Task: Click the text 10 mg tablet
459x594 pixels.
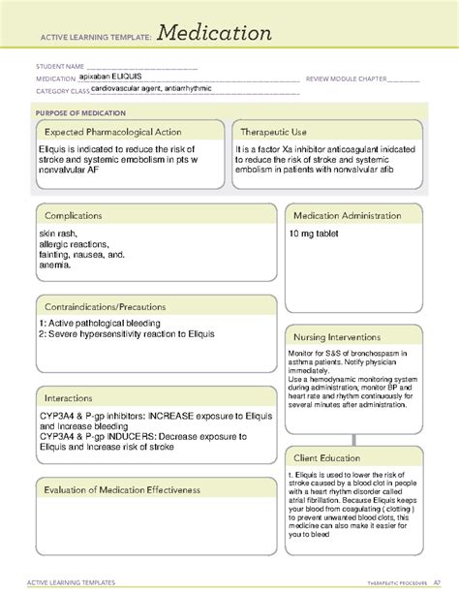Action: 314,234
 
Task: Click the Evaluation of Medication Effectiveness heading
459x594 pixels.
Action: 121,490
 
